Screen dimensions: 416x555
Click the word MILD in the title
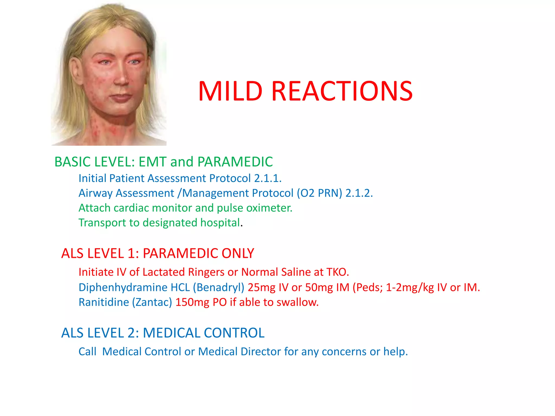click(x=230, y=91)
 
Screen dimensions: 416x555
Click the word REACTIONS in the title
click(x=342, y=91)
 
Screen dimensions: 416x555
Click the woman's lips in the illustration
click(x=121, y=97)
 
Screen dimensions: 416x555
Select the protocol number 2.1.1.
click(x=268, y=178)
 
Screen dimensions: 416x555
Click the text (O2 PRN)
click(x=320, y=193)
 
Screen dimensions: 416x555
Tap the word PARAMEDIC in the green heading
click(x=235, y=162)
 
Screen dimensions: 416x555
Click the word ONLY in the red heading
click(x=238, y=253)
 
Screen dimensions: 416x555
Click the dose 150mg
click(x=192, y=302)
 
